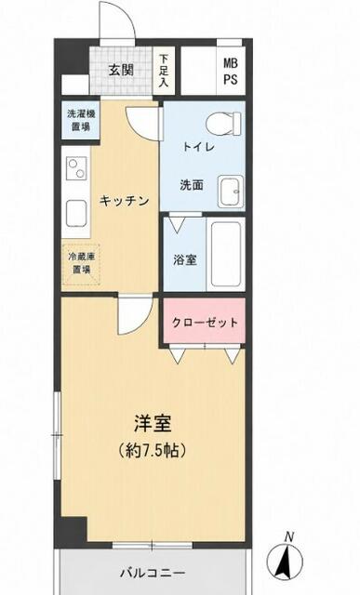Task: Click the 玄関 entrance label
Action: (121, 71)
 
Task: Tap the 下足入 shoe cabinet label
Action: (164, 71)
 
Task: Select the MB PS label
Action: (231, 71)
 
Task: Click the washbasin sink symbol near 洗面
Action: (231, 192)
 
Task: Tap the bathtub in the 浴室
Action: (226, 254)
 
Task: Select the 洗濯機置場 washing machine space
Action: (81, 120)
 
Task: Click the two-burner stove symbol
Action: (76, 168)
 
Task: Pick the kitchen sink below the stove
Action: (76, 213)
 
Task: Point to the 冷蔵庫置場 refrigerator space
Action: (81, 263)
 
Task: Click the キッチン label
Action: (124, 201)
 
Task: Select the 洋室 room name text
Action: (153, 424)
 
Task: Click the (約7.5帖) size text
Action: (153, 450)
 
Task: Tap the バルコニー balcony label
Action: (153, 573)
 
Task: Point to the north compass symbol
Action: (285, 559)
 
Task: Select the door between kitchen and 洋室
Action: (135, 316)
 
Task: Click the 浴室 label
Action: (185, 259)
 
